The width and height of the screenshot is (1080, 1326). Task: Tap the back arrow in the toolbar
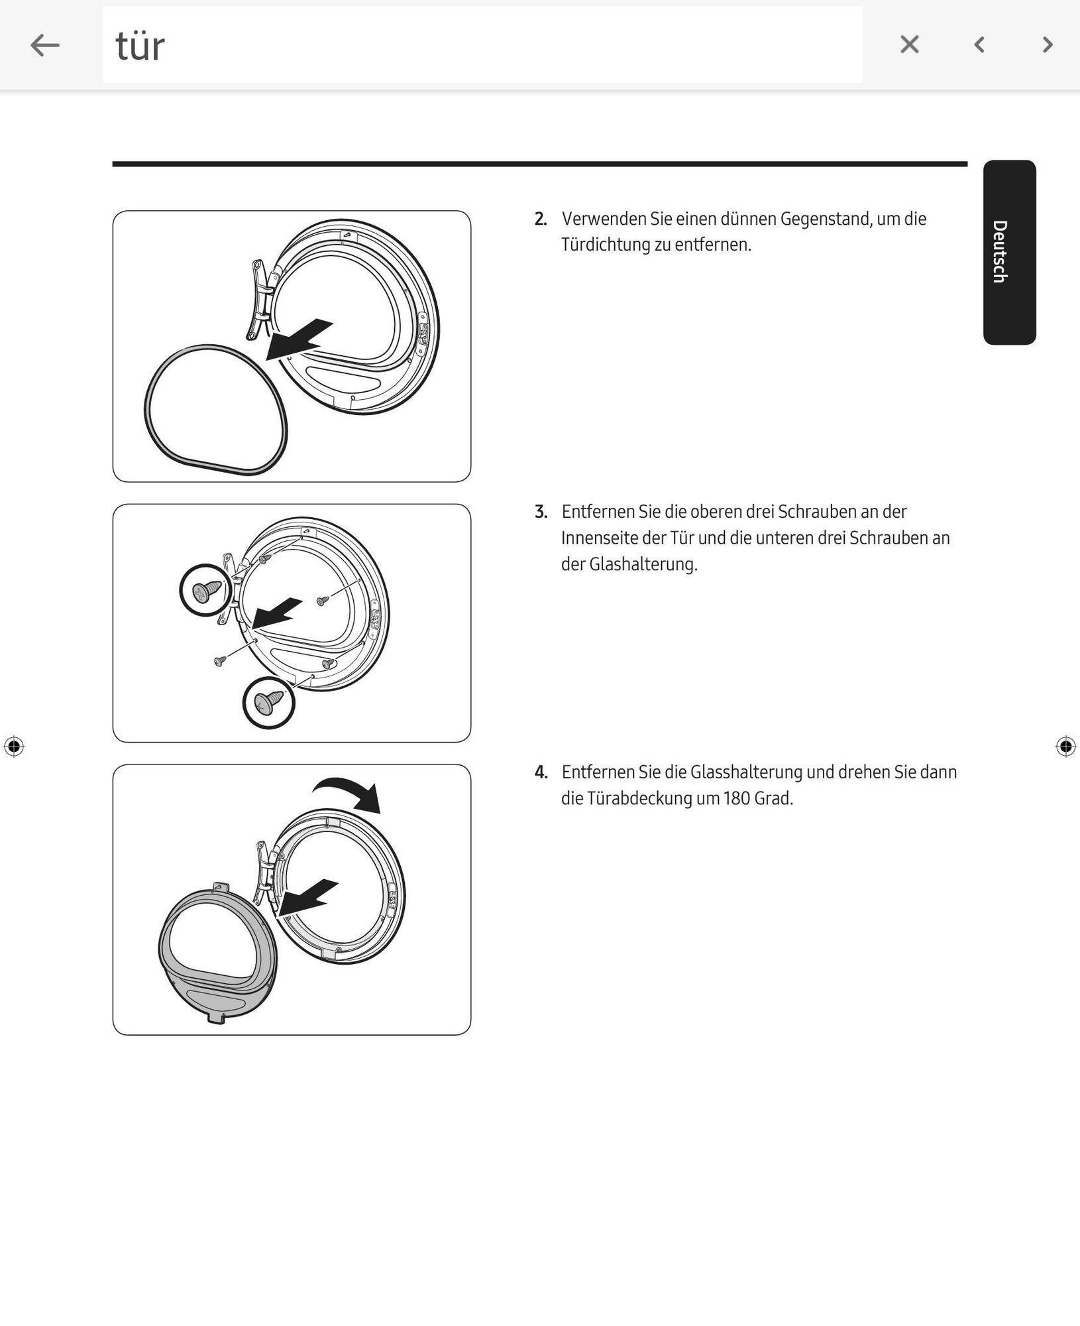coord(45,45)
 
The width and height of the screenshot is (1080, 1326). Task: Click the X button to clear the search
coord(909,44)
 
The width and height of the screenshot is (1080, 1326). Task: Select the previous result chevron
coord(979,44)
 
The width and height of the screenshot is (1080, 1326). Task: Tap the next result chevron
coord(1048,44)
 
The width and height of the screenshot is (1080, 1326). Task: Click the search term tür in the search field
coord(140,46)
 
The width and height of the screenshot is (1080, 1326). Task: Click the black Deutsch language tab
coord(1009,252)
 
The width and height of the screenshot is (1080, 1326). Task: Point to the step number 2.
coord(541,219)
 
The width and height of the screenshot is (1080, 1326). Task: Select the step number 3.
coord(541,512)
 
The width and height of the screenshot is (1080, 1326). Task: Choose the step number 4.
coord(541,772)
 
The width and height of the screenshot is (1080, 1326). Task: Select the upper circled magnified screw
coord(206,590)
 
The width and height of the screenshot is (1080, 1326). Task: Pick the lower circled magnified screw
coord(268,702)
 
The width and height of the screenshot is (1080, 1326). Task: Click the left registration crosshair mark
coord(14,747)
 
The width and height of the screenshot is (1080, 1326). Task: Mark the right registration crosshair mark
coord(1065,747)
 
